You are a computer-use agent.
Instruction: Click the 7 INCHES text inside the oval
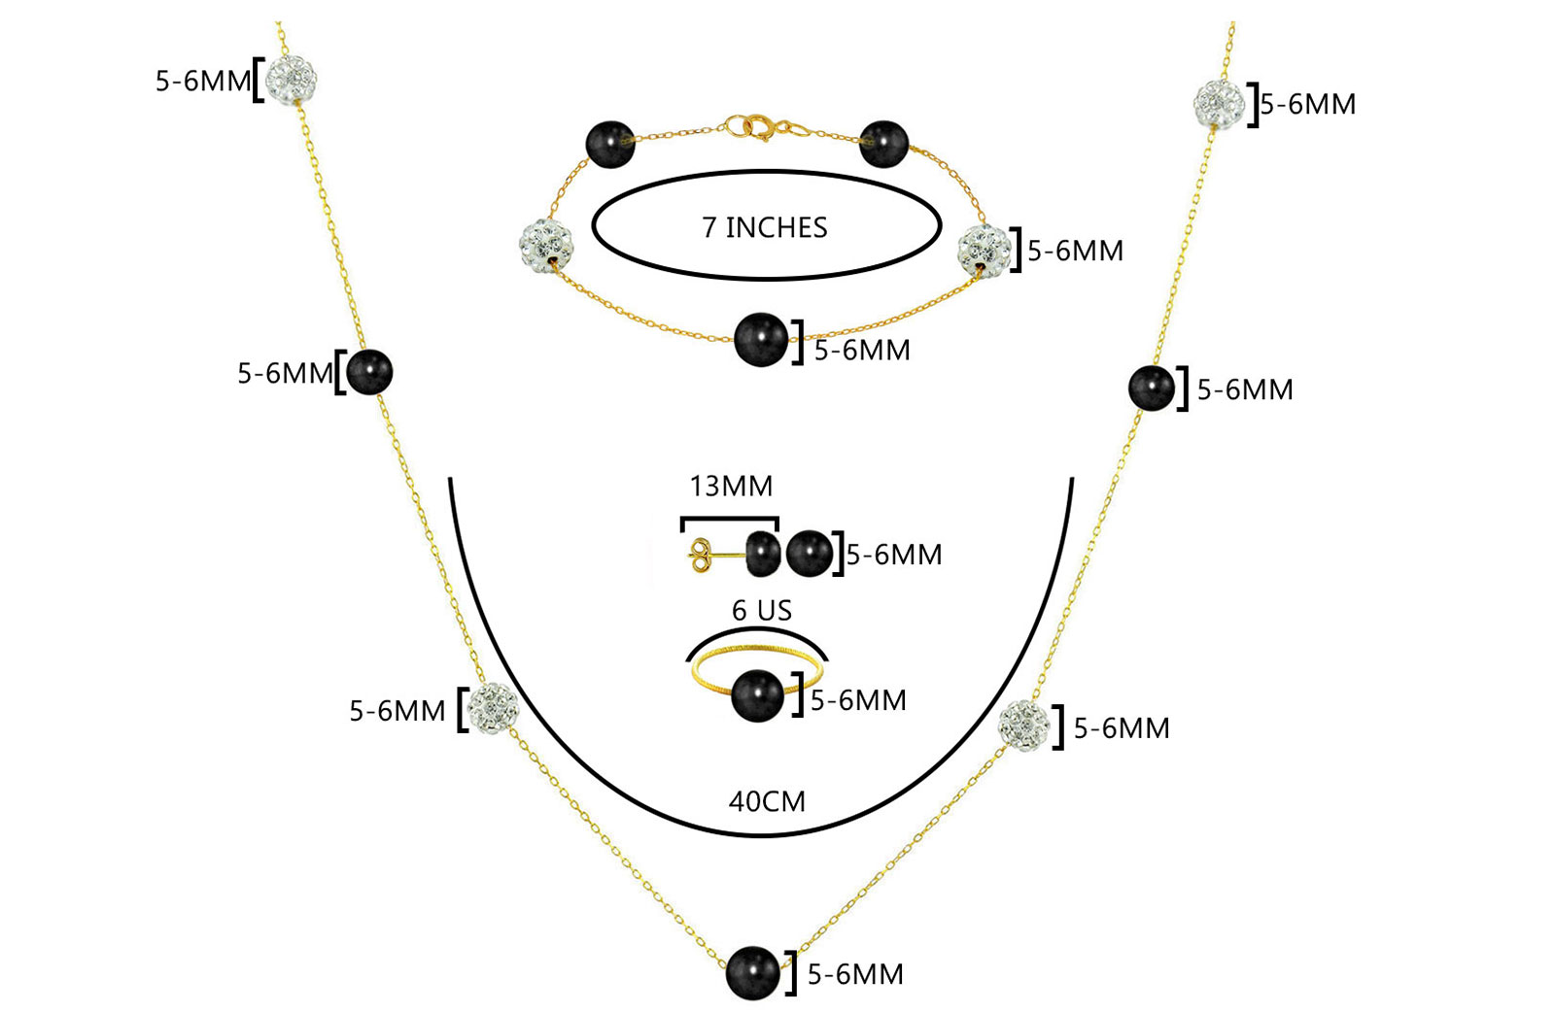coord(765,227)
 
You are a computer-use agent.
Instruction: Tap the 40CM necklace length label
coord(767,801)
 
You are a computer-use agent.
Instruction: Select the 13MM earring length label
coord(731,486)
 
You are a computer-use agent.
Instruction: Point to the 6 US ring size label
coord(762,611)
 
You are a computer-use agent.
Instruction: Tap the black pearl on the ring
coord(758,696)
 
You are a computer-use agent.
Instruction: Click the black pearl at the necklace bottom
coord(753,972)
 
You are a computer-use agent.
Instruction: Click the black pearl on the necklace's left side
coord(368,372)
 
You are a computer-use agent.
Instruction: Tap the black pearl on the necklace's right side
coord(1152,388)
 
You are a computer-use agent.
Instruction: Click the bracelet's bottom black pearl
coord(761,340)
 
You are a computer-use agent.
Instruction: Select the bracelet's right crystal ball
coord(983,249)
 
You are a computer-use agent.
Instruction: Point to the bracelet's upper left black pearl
coord(610,145)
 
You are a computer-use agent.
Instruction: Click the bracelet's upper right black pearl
coord(883,144)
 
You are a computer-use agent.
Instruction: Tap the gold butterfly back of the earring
coord(699,556)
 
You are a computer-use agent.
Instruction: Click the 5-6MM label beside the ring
coord(858,700)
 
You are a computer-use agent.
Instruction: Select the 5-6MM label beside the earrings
coord(894,555)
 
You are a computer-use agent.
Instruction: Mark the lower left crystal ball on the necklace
coord(493,709)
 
